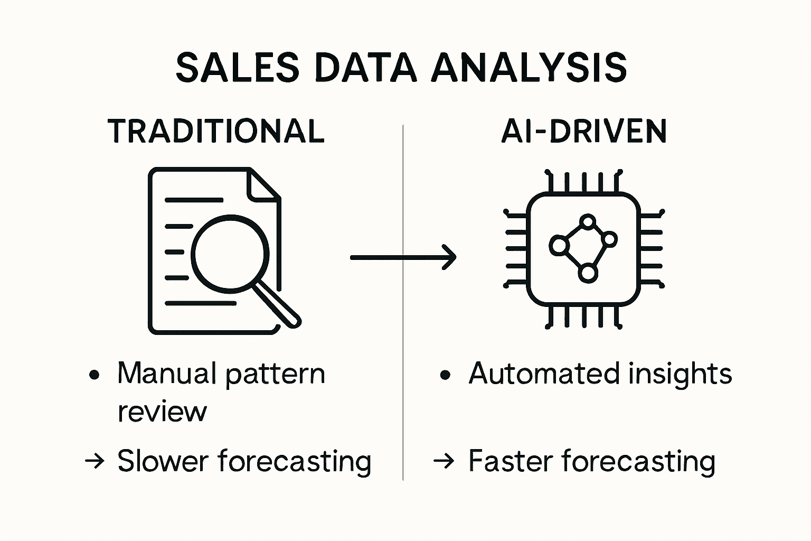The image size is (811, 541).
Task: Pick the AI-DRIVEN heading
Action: [583, 131]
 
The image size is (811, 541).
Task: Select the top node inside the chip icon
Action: [587, 221]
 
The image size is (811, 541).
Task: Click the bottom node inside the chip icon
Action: [587, 273]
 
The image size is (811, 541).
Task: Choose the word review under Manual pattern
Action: [162, 412]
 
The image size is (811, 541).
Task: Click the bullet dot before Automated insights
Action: [445, 375]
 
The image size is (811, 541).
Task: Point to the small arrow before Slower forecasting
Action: [95, 461]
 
